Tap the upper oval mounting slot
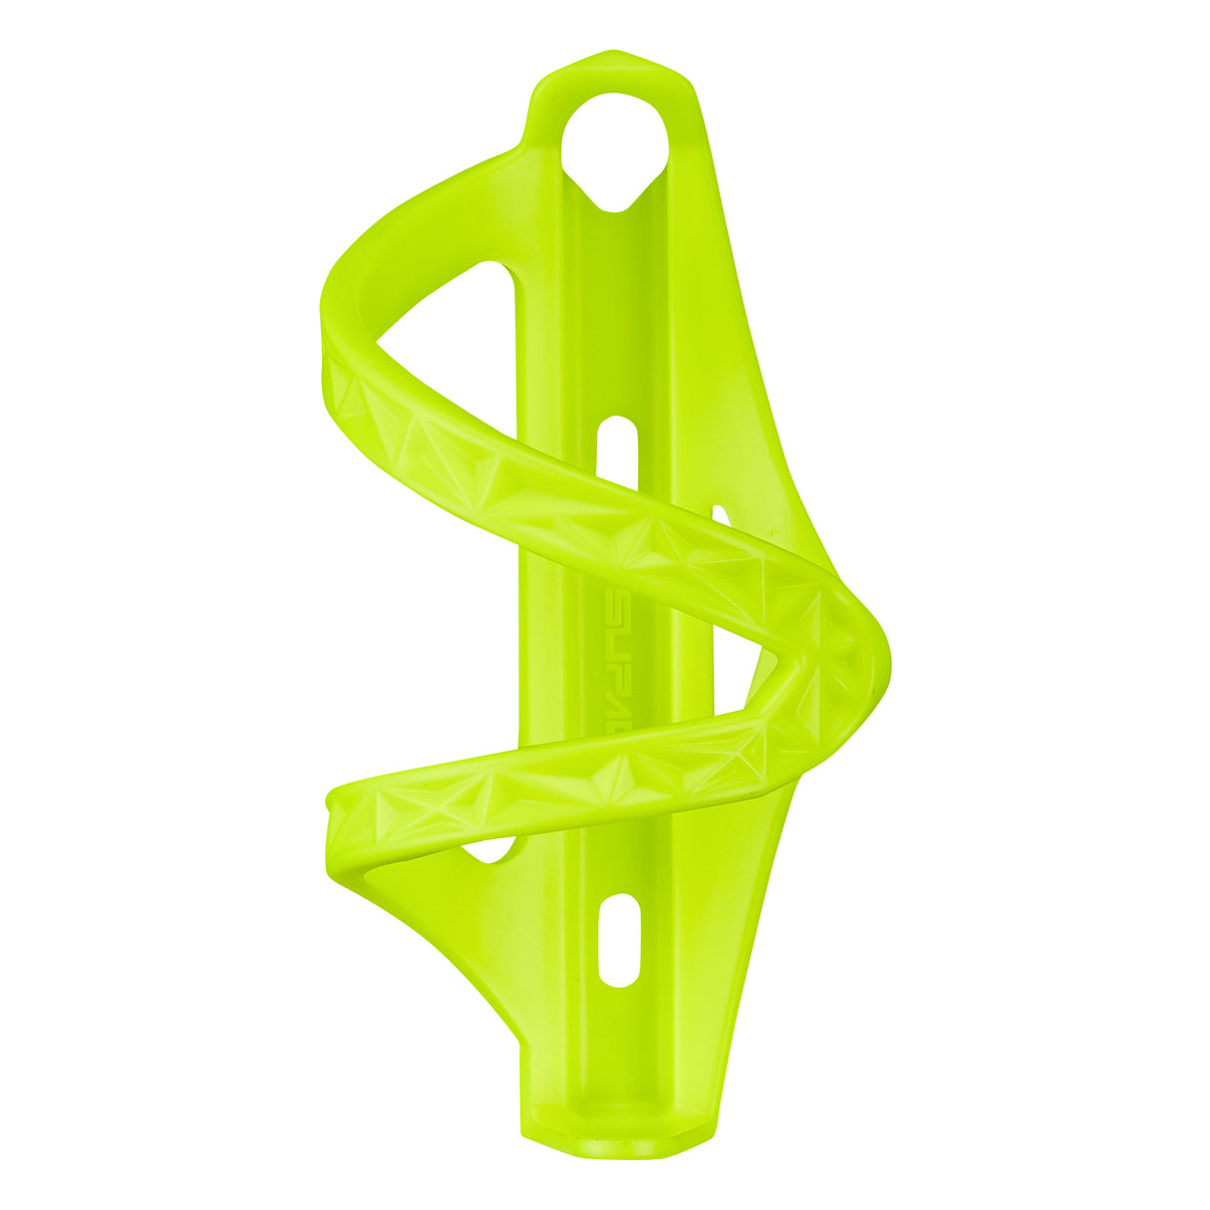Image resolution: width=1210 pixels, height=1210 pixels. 617,451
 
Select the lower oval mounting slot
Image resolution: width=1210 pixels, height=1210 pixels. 620,940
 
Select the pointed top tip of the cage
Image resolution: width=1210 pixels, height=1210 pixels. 613,55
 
